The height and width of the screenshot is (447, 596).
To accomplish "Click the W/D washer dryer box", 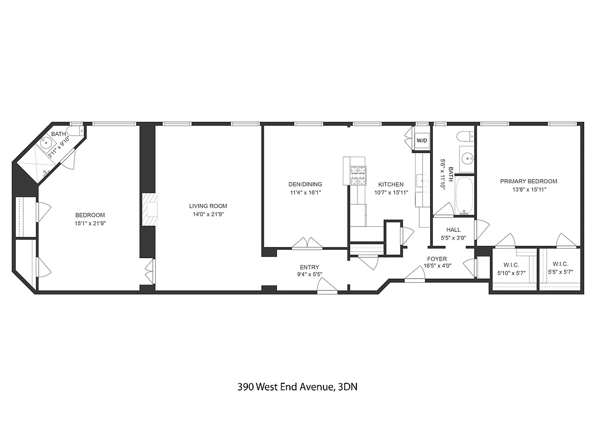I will click(x=421, y=140).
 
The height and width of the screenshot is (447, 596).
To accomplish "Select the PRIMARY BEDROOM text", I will click(x=528, y=181).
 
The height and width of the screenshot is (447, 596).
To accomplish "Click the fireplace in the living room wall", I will click(x=150, y=210).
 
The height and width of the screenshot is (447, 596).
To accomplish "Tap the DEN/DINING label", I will click(x=305, y=184).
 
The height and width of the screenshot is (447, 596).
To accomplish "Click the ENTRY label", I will click(x=309, y=267).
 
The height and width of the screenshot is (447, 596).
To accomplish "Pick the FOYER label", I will click(x=437, y=259).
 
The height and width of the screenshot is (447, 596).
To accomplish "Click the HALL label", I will click(x=453, y=230).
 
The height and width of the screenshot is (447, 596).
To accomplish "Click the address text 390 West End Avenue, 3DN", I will click(x=297, y=387).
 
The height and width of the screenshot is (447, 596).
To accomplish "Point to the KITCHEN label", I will click(x=390, y=184).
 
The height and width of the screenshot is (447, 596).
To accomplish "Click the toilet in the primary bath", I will click(x=463, y=137).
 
